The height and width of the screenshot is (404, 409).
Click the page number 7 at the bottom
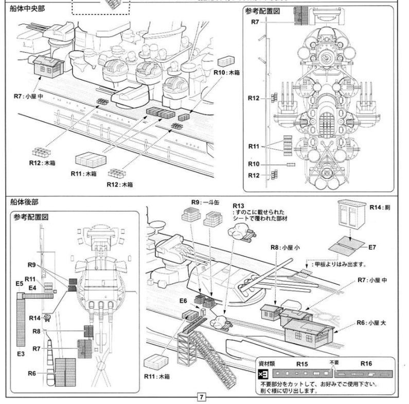(x=202, y=397)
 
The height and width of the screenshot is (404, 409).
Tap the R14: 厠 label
(x=382, y=206)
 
